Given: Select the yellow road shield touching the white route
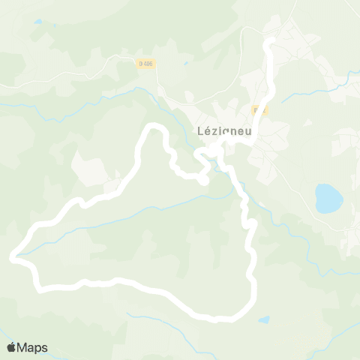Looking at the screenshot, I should click(259, 110).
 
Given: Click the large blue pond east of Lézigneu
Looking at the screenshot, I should click(328, 198).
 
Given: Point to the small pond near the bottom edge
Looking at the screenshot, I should click(264, 319).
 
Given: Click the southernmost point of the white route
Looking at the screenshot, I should click(216, 319).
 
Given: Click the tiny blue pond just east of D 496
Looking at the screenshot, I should click(185, 63).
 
